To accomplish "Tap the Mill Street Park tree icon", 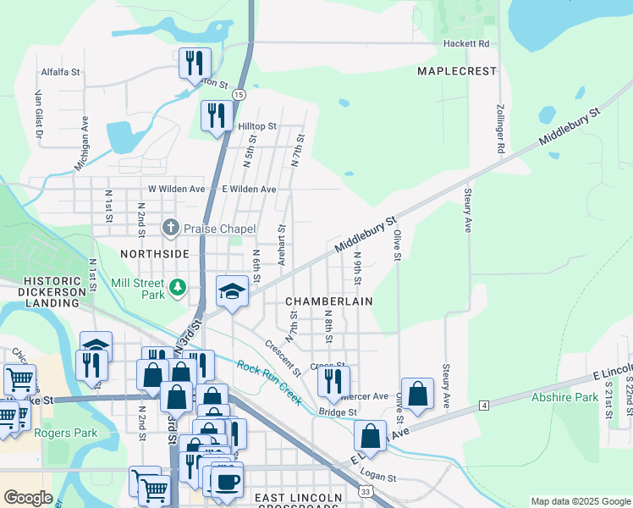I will point(178,289).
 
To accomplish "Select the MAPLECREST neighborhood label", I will point(457,71).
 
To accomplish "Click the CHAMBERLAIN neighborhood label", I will point(329,301).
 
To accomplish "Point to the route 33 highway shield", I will point(364,490).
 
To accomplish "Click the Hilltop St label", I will point(256,126).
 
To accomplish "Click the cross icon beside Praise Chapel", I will point(170,227).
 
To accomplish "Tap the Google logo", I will point(29,498).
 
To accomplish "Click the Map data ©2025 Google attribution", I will point(581,501).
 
